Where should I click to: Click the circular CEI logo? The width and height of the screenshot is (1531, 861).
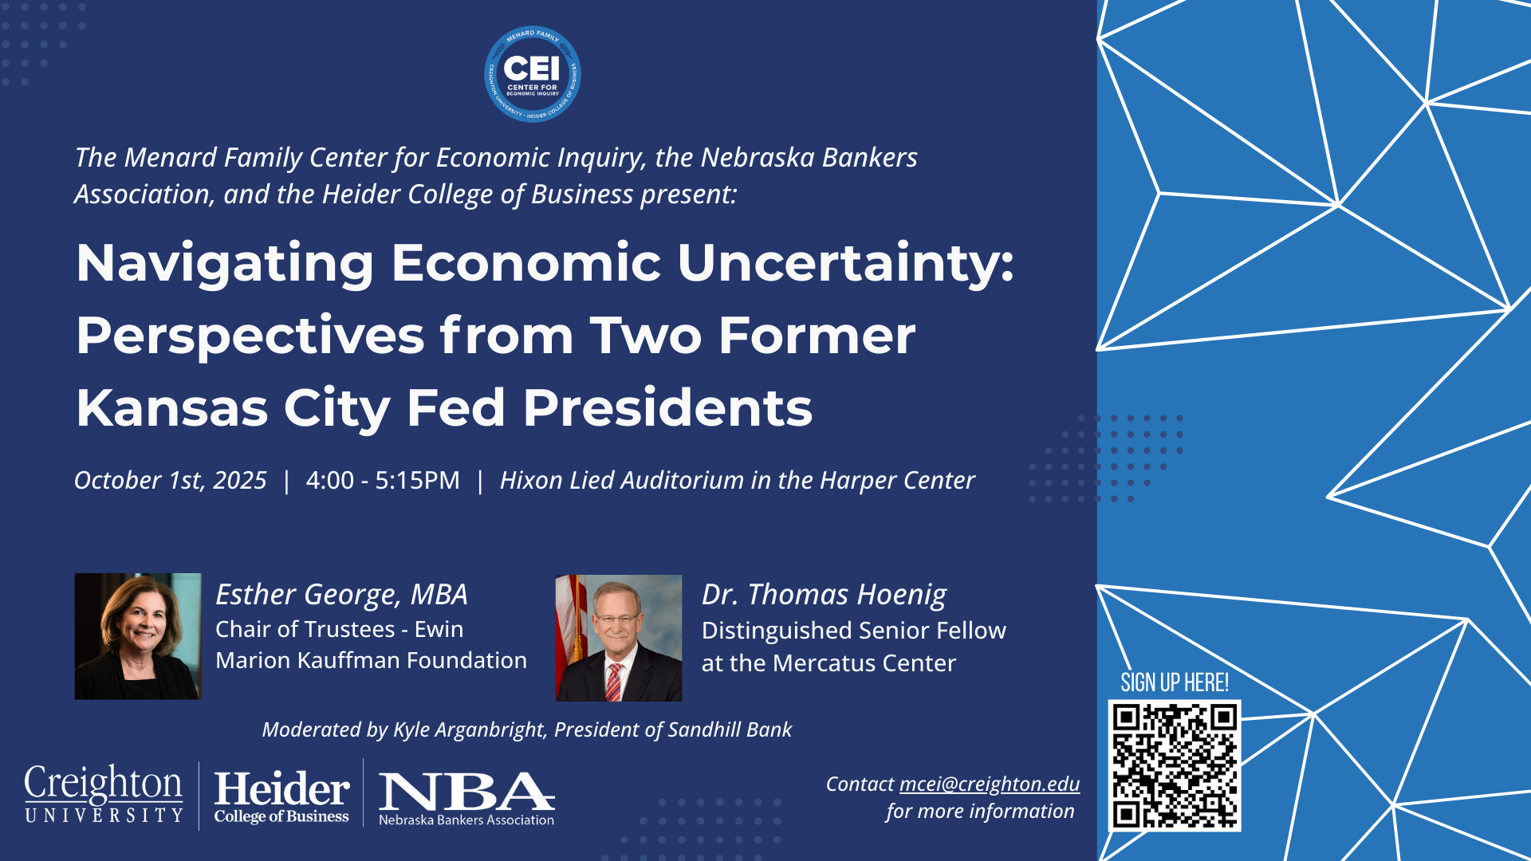[x=533, y=74]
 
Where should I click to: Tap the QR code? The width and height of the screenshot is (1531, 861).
[x=1175, y=765]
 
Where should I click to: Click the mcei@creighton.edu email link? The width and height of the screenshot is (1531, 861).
[x=990, y=784]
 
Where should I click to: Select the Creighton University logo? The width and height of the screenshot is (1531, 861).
[x=104, y=794]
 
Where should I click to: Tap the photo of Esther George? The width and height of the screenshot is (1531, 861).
[x=138, y=636]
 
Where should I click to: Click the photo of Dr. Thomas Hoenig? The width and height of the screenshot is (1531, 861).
[x=619, y=638]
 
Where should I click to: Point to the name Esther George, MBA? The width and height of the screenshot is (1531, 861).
[x=341, y=595]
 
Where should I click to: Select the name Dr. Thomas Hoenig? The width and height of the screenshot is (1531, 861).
[x=824, y=595]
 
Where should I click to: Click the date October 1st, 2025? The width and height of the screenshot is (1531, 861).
[x=171, y=480]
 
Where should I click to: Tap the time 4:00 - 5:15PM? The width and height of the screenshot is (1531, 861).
[x=383, y=480]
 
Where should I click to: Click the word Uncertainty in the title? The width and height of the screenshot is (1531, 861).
[x=846, y=264]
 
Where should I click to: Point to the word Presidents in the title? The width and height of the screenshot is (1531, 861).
[x=667, y=408]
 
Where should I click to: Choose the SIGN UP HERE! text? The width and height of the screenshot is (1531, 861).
[x=1175, y=682]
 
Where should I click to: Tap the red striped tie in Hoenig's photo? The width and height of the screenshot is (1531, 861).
[x=613, y=682]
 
